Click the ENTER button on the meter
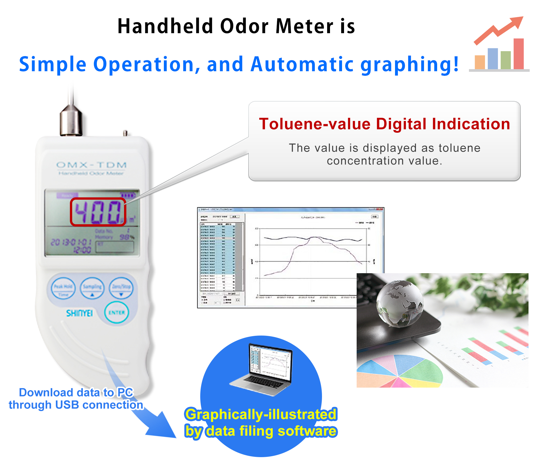[117, 312]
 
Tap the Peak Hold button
[63, 288]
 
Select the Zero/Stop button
[121, 288]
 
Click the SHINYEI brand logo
[79, 313]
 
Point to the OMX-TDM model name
[91, 165]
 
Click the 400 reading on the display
[98, 212]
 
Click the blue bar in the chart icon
[493, 58]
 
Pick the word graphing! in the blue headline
[410, 65]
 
